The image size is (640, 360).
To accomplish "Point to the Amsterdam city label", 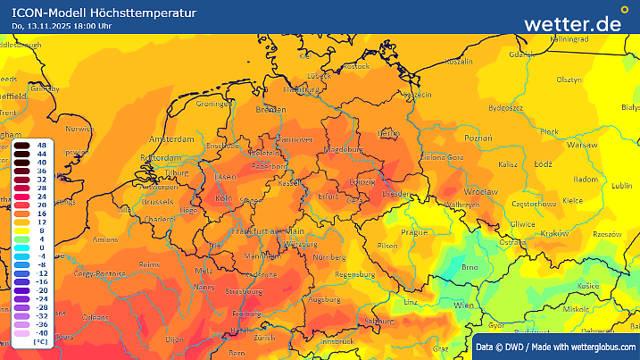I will click(172, 140).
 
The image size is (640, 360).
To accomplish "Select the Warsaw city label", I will click(581, 145).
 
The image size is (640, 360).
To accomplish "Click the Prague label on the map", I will click(415, 232).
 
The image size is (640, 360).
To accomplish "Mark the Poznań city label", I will click(478, 138).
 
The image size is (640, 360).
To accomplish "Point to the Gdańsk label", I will click(521, 54).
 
